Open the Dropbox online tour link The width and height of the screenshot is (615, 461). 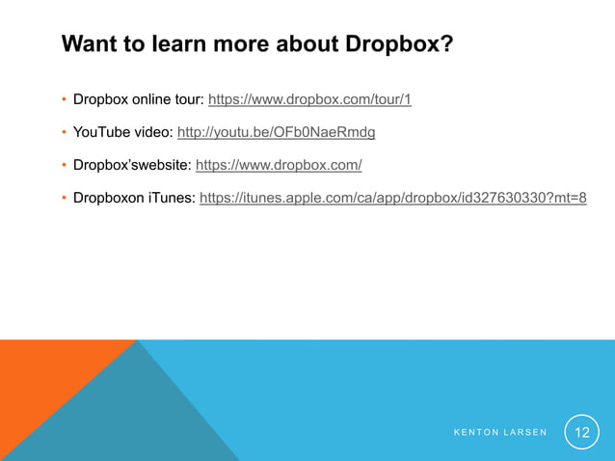click(309, 99)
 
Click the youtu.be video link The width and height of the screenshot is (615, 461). click(276, 132)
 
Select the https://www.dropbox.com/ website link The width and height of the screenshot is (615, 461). click(279, 165)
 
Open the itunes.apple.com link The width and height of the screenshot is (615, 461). click(392, 198)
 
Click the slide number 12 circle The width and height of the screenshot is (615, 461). click(581, 432)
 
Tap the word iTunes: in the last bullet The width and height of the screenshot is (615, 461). click(171, 198)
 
